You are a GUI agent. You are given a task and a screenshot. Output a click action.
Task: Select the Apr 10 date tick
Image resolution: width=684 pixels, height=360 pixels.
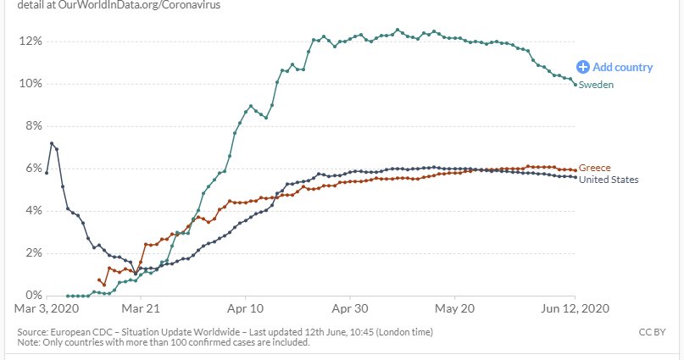246,309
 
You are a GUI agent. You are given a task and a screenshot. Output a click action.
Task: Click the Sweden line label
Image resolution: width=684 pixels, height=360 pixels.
596,85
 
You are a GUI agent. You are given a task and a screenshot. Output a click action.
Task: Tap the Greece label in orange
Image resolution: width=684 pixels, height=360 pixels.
594,168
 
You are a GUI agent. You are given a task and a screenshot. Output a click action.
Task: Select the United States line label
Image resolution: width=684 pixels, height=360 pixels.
609,180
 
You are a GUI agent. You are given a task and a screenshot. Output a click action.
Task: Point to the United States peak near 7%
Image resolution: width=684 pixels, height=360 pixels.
52,143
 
